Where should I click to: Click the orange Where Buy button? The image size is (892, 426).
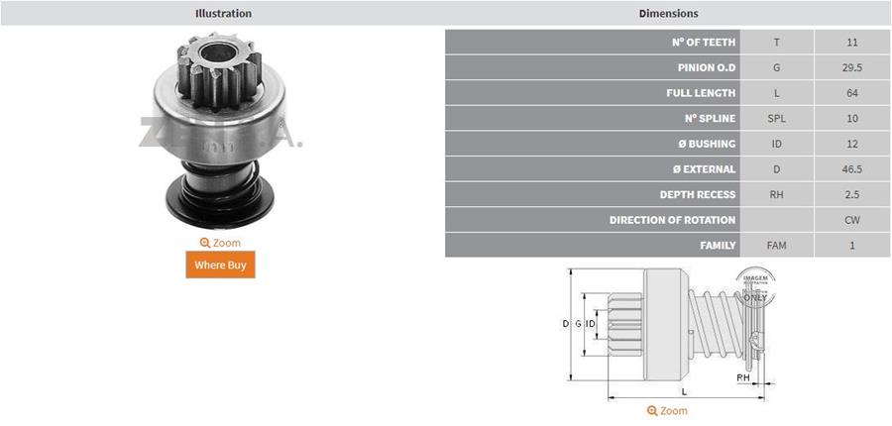tap(220, 265)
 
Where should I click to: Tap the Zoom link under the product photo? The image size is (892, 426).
tap(220, 243)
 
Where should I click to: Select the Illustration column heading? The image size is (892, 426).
tap(223, 14)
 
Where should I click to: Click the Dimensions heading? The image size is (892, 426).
tap(668, 14)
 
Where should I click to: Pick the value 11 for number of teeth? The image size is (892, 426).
tap(852, 43)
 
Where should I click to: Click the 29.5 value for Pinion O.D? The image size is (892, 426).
tap(852, 68)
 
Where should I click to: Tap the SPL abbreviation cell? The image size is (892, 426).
tap(776, 119)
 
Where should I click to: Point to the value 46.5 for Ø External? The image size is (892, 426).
tap(852, 169)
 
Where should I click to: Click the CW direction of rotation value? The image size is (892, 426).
tap(852, 220)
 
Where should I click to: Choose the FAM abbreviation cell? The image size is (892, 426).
tap(776, 245)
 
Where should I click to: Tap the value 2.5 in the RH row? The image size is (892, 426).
tap(852, 195)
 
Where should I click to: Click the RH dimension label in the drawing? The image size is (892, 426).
tap(742, 377)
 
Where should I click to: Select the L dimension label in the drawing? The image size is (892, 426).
tap(685, 392)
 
